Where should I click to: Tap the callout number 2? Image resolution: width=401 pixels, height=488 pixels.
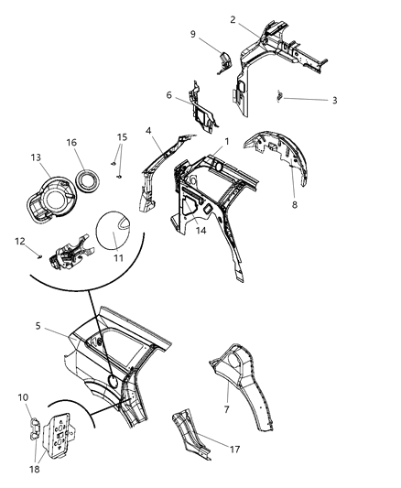[x=233, y=19]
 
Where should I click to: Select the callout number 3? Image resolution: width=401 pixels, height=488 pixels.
[x=334, y=100]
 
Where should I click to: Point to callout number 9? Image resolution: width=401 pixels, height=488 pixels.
[x=192, y=34]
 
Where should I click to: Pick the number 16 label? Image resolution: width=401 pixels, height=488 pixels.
[x=70, y=142]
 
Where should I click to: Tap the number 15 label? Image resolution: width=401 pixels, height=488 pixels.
[x=123, y=136]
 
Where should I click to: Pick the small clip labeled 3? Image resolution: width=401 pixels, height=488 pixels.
[x=281, y=96]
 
